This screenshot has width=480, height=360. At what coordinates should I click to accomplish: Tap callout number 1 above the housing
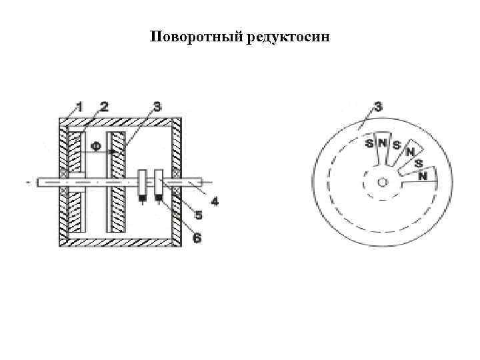click(x=79, y=105)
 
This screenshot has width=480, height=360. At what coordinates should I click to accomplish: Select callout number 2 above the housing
click(x=104, y=105)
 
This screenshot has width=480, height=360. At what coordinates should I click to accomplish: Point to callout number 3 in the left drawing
click(x=157, y=106)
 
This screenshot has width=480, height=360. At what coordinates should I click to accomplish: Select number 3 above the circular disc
click(x=377, y=105)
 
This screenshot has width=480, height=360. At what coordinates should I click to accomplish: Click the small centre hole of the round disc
click(x=381, y=181)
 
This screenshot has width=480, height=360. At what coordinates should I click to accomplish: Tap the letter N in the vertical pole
click(x=382, y=143)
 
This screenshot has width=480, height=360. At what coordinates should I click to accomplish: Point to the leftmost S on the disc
click(x=368, y=143)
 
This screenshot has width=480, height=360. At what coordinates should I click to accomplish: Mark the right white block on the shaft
click(x=159, y=182)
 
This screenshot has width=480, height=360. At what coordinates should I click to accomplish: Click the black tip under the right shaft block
click(x=159, y=197)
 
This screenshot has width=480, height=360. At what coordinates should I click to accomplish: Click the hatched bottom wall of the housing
click(x=120, y=241)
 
